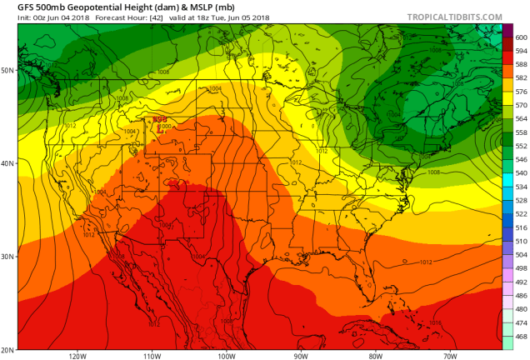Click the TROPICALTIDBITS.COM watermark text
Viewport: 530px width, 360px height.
coord(455,17)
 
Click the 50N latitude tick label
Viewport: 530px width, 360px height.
coord(7,70)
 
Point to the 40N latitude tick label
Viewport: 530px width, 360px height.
coord(7,163)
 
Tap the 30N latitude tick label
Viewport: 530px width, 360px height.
coord(7,257)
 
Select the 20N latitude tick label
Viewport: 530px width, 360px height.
coord(7,349)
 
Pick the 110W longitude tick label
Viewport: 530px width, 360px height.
coord(152,356)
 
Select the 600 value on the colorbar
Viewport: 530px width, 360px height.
coord(521,37)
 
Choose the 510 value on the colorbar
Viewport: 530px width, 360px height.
coord(521,240)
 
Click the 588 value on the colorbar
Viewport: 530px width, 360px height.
coord(521,64)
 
